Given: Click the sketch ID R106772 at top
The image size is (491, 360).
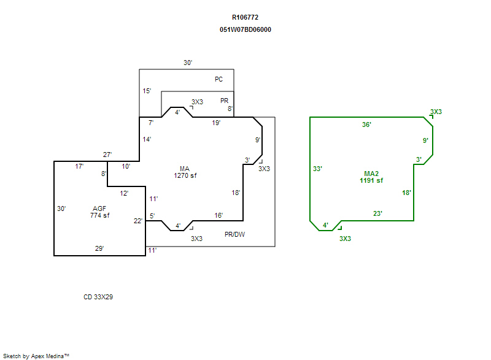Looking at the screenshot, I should pyautogui.click(x=245, y=18).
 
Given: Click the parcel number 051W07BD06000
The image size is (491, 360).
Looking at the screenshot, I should pyautogui.click(x=245, y=29).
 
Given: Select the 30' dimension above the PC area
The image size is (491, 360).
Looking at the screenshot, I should pyautogui.click(x=188, y=63).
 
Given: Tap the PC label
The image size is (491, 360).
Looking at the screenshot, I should pyautogui.click(x=218, y=79).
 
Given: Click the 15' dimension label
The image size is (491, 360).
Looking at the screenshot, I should pyautogui.click(x=147, y=91).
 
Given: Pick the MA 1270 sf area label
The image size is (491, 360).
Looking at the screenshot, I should pyautogui.click(x=185, y=172).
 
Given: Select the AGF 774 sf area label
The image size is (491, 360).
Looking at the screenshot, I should pyautogui.click(x=99, y=212).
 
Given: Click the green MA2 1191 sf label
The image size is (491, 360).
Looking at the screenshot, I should pyautogui.click(x=371, y=177).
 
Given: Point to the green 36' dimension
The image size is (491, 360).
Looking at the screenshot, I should pyautogui.click(x=366, y=124).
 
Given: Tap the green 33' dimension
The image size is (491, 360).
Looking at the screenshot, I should pyautogui.click(x=317, y=169).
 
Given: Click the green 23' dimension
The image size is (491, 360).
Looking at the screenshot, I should pyautogui.click(x=378, y=213).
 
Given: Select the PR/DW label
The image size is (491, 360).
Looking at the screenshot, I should pyautogui.click(x=234, y=234).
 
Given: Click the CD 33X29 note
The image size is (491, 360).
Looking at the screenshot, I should pyautogui.click(x=98, y=297).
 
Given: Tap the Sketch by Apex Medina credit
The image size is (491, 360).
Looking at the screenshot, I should pyautogui.click(x=36, y=355).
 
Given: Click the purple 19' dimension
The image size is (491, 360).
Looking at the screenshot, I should pyautogui.click(x=216, y=123).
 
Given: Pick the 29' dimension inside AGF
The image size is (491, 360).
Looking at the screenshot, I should pyautogui.click(x=99, y=248).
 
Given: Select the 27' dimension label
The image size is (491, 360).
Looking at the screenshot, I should pyautogui.click(x=107, y=155).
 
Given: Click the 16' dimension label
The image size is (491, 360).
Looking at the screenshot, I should pyautogui.click(x=218, y=215).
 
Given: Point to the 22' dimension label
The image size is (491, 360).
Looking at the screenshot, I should pyautogui.click(x=138, y=221).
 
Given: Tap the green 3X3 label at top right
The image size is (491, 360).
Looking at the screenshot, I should pyautogui.click(x=436, y=112).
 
